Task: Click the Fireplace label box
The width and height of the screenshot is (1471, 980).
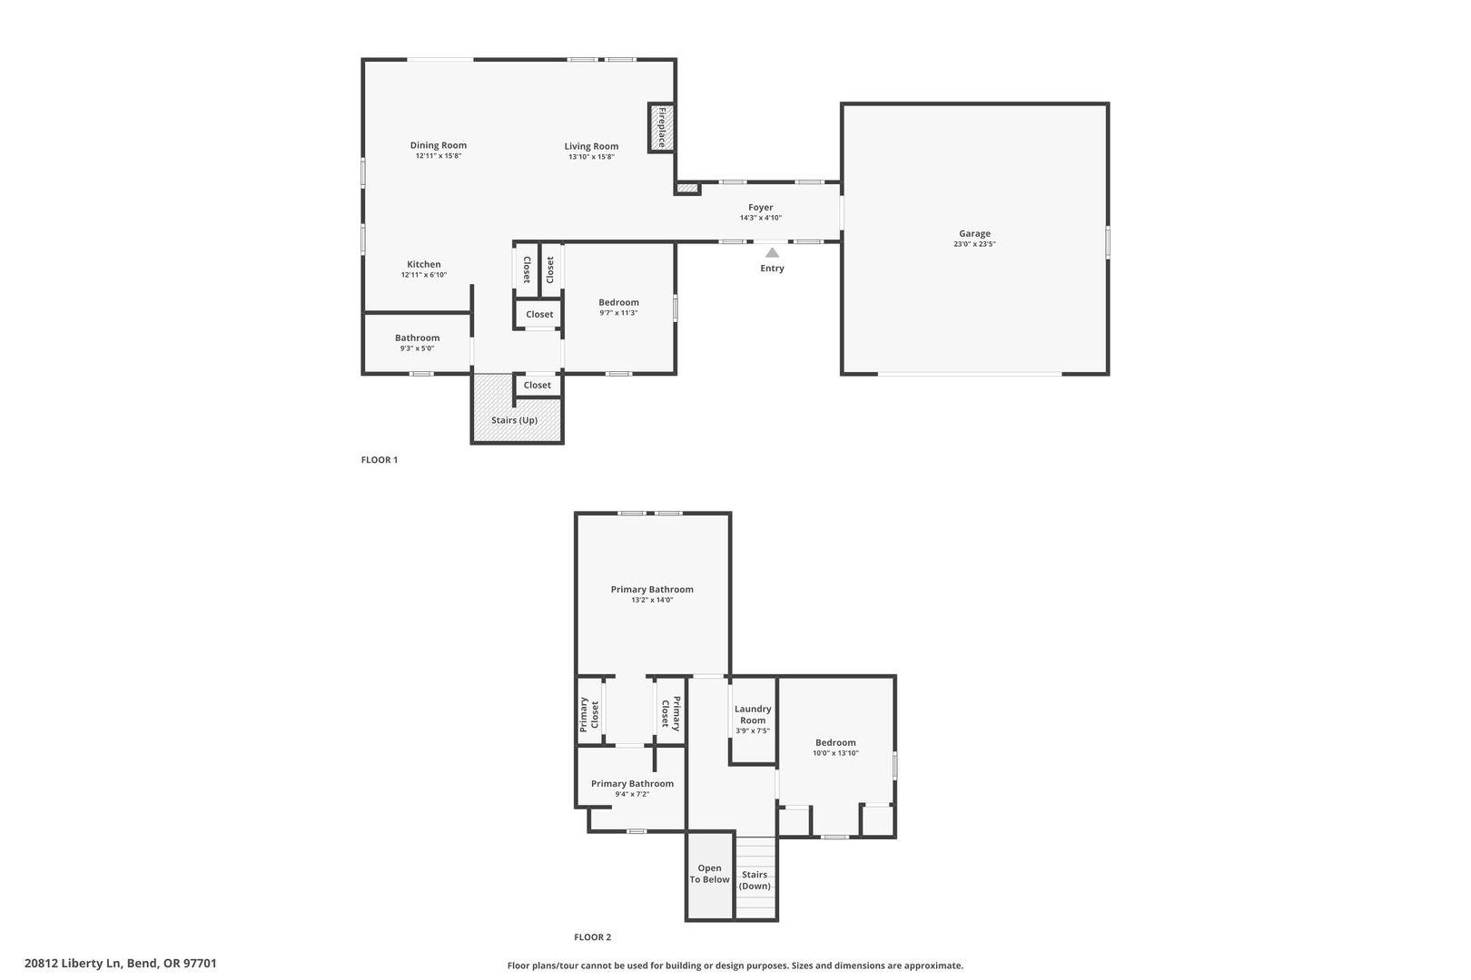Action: coord(662,127)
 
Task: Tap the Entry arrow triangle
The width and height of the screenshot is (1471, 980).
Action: coord(772,252)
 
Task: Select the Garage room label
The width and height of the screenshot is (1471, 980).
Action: coord(974,233)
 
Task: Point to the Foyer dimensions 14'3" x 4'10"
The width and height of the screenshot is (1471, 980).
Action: coord(760,218)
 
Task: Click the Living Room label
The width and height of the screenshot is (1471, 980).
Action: coord(591,146)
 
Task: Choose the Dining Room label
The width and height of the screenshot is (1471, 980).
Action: coord(438,146)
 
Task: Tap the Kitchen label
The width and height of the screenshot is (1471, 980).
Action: coord(423,265)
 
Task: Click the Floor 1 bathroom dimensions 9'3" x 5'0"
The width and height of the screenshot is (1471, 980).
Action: coord(417,348)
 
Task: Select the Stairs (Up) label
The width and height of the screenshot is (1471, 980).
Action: coord(514,420)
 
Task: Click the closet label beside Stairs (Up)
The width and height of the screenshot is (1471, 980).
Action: coord(538,386)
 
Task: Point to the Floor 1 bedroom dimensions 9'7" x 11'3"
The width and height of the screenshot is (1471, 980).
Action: coord(618,313)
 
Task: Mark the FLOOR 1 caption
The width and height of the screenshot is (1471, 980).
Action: coord(379,459)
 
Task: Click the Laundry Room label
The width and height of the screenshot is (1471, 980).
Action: coord(753,714)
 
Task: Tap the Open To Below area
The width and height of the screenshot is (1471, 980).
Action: coord(709,877)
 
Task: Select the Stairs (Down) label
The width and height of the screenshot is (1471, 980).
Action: coord(755,880)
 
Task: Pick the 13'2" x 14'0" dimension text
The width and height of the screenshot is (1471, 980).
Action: coord(652,600)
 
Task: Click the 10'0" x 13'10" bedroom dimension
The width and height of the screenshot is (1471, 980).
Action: coord(835,753)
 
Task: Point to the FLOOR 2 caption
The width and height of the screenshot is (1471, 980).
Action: coord(592,936)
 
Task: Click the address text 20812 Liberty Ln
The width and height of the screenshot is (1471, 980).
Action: coord(74,963)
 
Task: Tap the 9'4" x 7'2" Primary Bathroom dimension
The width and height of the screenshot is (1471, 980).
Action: coord(632,794)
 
